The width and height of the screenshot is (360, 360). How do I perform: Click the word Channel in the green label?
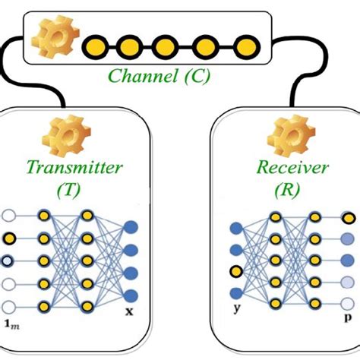(x=137, y=76)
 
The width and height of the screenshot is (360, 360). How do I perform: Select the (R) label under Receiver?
(x=285, y=191)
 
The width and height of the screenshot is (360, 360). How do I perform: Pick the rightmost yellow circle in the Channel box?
(x=243, y=48)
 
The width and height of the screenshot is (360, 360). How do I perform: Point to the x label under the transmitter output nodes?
(x=131, y=311)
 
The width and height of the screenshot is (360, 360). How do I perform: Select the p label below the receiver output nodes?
(x=348, y=311)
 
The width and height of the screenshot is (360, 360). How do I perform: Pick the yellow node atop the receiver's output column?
(x=348, y=218)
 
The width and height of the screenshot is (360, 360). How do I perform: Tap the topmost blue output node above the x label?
(x=131, y=226)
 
